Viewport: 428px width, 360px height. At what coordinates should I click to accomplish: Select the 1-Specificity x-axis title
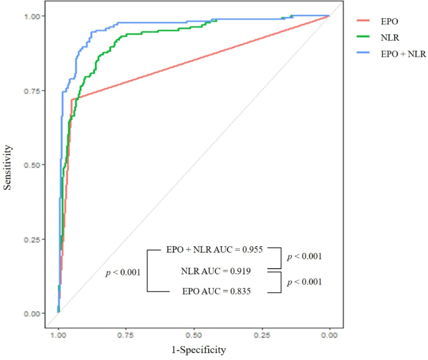[x=194, y=351]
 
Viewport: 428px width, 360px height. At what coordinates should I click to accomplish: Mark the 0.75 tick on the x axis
[x=126, y=335]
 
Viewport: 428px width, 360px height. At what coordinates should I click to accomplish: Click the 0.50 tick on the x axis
[x=194, y=335]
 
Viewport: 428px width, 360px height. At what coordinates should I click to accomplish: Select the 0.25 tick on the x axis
[x=262, y=335]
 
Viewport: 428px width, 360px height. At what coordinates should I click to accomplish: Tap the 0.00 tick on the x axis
[x=329, y=335]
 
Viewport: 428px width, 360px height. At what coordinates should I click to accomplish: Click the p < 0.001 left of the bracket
[x=122, y=272]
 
